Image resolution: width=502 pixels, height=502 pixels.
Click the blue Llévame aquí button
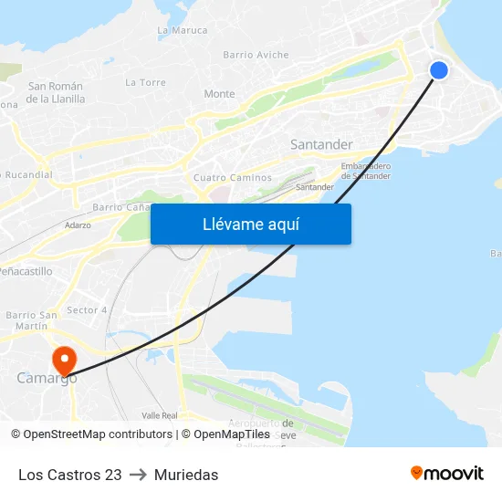pos(250,224)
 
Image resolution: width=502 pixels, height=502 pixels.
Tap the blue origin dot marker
pos(439,70)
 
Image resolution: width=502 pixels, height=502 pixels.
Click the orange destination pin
pos(65,360)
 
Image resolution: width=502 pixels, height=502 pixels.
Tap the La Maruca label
pos(183,30)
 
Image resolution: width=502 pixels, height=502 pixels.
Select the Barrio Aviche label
pos(256,55)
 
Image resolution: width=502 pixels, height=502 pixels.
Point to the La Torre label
pos(145,82)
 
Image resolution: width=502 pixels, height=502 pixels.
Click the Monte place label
pos(219,94)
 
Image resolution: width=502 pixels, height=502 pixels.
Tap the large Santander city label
pos(321,144)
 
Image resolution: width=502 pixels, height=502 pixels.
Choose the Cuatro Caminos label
pos(233,178)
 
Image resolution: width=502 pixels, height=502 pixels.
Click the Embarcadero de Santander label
pos(366,171)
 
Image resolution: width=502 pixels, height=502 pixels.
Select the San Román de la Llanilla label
pos(56,92)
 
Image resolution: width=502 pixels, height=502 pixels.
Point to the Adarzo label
pos(78,225)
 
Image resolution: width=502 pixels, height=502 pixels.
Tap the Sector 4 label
pos(88,310)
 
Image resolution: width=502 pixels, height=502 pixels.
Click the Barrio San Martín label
pos(32,320)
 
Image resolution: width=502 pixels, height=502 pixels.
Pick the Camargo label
pos(46,378)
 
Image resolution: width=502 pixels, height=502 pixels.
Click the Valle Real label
pos(160,415)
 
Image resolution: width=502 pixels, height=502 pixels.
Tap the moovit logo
pos(447,474)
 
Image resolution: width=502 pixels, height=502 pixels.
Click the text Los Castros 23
pos(70,475)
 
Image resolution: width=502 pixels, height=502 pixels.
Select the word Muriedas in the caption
pos(186,475)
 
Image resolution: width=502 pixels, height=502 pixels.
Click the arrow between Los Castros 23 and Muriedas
pos(138,475)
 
